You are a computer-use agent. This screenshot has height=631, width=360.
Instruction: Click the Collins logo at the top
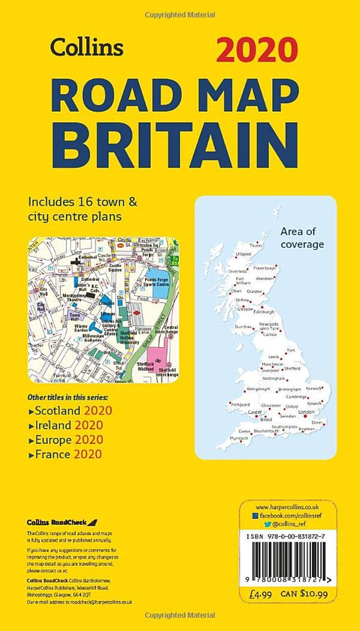[x=86, y=47]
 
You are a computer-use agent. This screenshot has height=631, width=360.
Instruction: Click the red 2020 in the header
[x=257, y=50]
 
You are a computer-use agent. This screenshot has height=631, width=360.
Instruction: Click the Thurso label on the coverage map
[x=256, y=245]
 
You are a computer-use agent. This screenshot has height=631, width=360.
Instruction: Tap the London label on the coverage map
[x=307, y=412]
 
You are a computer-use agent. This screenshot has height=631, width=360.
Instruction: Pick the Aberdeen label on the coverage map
[x=266, y=278]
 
